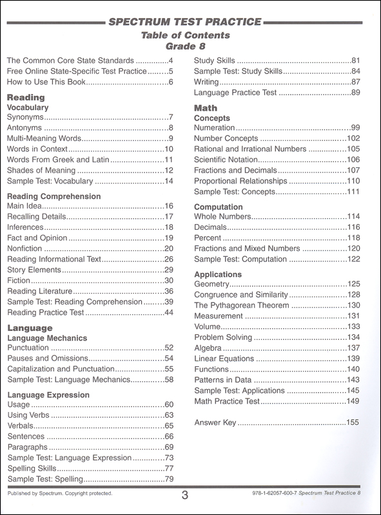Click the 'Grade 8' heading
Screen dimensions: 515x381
click(189, 46)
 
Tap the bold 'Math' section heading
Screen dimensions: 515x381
click(206, 108)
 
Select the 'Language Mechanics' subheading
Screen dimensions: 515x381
click(46, 337)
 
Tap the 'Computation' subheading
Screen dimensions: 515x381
click(218, 207)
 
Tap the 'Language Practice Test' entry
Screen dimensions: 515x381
click(236, 93)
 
